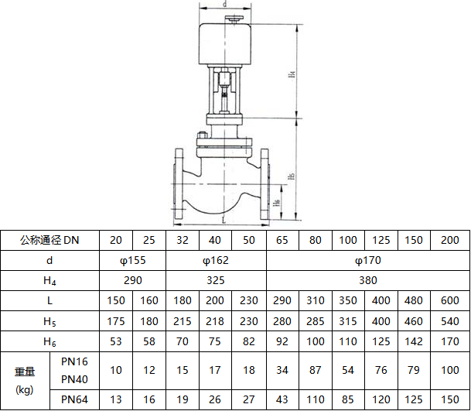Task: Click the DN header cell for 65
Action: (282, 240)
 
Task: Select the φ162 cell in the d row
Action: (216, 260)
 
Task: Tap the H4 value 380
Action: (368, 280)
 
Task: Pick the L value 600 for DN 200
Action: (449, 300)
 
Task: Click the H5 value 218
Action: (215, 321)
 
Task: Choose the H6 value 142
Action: (414, 341)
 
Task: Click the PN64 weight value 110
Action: (315, 399)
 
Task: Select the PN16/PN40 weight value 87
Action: (315, 370)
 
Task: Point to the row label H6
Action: (49, 341)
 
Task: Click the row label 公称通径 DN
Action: (49, 240)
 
